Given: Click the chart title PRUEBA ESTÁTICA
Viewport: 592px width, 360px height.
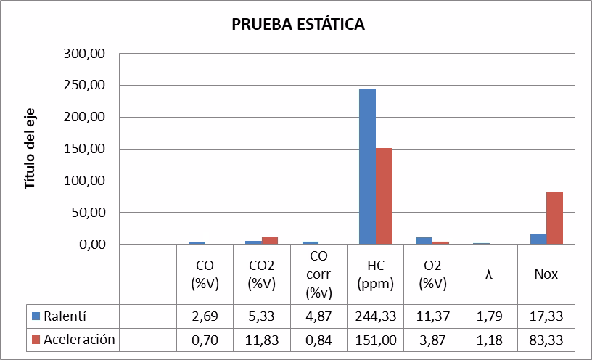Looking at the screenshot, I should pos(298,25).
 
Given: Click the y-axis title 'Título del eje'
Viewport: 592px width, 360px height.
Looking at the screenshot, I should pos(30,150).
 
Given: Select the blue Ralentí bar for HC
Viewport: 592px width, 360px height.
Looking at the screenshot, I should pos(367,166).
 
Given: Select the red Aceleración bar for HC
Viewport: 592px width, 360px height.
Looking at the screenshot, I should pos(383,196).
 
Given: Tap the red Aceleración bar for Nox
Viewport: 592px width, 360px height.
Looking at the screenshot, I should pos(554,218).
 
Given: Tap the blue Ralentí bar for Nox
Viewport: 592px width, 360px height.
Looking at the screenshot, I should pos(538,239).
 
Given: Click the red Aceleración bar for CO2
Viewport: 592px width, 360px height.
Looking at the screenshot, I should pos(269,240).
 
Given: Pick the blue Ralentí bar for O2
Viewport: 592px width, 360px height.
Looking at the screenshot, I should pos(424,241).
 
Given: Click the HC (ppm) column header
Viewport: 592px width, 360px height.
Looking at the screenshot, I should pos(375,275).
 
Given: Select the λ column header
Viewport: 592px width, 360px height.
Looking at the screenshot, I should pos(489,275).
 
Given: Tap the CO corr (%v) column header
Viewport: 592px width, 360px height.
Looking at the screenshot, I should pos(318,275).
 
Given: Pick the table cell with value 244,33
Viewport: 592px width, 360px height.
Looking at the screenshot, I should pos(375,316).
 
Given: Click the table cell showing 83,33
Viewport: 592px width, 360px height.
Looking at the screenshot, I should pos(546,340).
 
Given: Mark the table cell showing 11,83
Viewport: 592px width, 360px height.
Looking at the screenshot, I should pos(261,340).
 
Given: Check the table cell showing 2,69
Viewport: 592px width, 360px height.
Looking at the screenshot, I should pos(205,316).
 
